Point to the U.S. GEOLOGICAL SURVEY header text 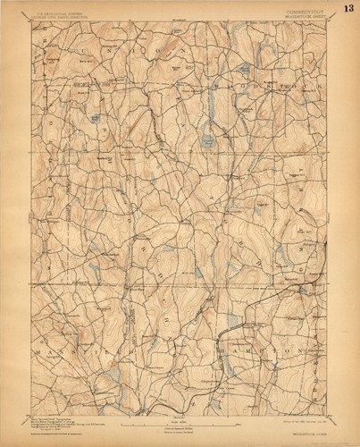(61, 13)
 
